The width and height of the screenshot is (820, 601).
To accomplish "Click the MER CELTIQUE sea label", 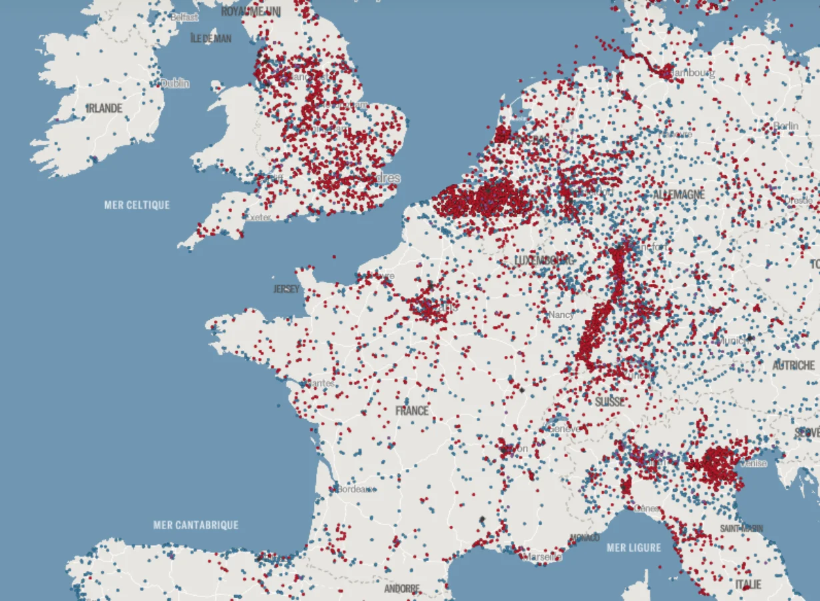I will [137, 205].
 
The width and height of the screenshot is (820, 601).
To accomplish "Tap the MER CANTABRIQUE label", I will [196, 525].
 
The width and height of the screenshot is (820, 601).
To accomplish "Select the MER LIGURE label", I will [634, 548].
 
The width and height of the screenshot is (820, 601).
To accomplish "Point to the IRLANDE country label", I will [104, 108].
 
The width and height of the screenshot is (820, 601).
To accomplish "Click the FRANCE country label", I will [412, 411].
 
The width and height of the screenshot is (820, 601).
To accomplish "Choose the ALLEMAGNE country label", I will [679, 195].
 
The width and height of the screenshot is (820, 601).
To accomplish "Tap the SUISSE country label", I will [610, 402].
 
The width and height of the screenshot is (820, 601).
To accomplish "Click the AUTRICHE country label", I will [793, 366].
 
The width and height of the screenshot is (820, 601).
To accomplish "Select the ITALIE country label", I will [748, 584].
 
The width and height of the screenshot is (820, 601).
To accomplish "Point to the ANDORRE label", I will [402, 589].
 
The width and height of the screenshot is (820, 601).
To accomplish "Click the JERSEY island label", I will [286, 289].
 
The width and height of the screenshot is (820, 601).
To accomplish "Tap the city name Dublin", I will [175, 83].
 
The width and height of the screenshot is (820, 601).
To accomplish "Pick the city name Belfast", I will [184, 17].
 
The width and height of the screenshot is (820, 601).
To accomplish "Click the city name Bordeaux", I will [355, 489].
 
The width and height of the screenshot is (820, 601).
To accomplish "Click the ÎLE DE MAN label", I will [211, 39].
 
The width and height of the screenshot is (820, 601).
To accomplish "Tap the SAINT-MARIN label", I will [741, 528].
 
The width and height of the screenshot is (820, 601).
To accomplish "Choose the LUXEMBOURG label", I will [545, 260].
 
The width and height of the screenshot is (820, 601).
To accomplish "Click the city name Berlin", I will [786, 127].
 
